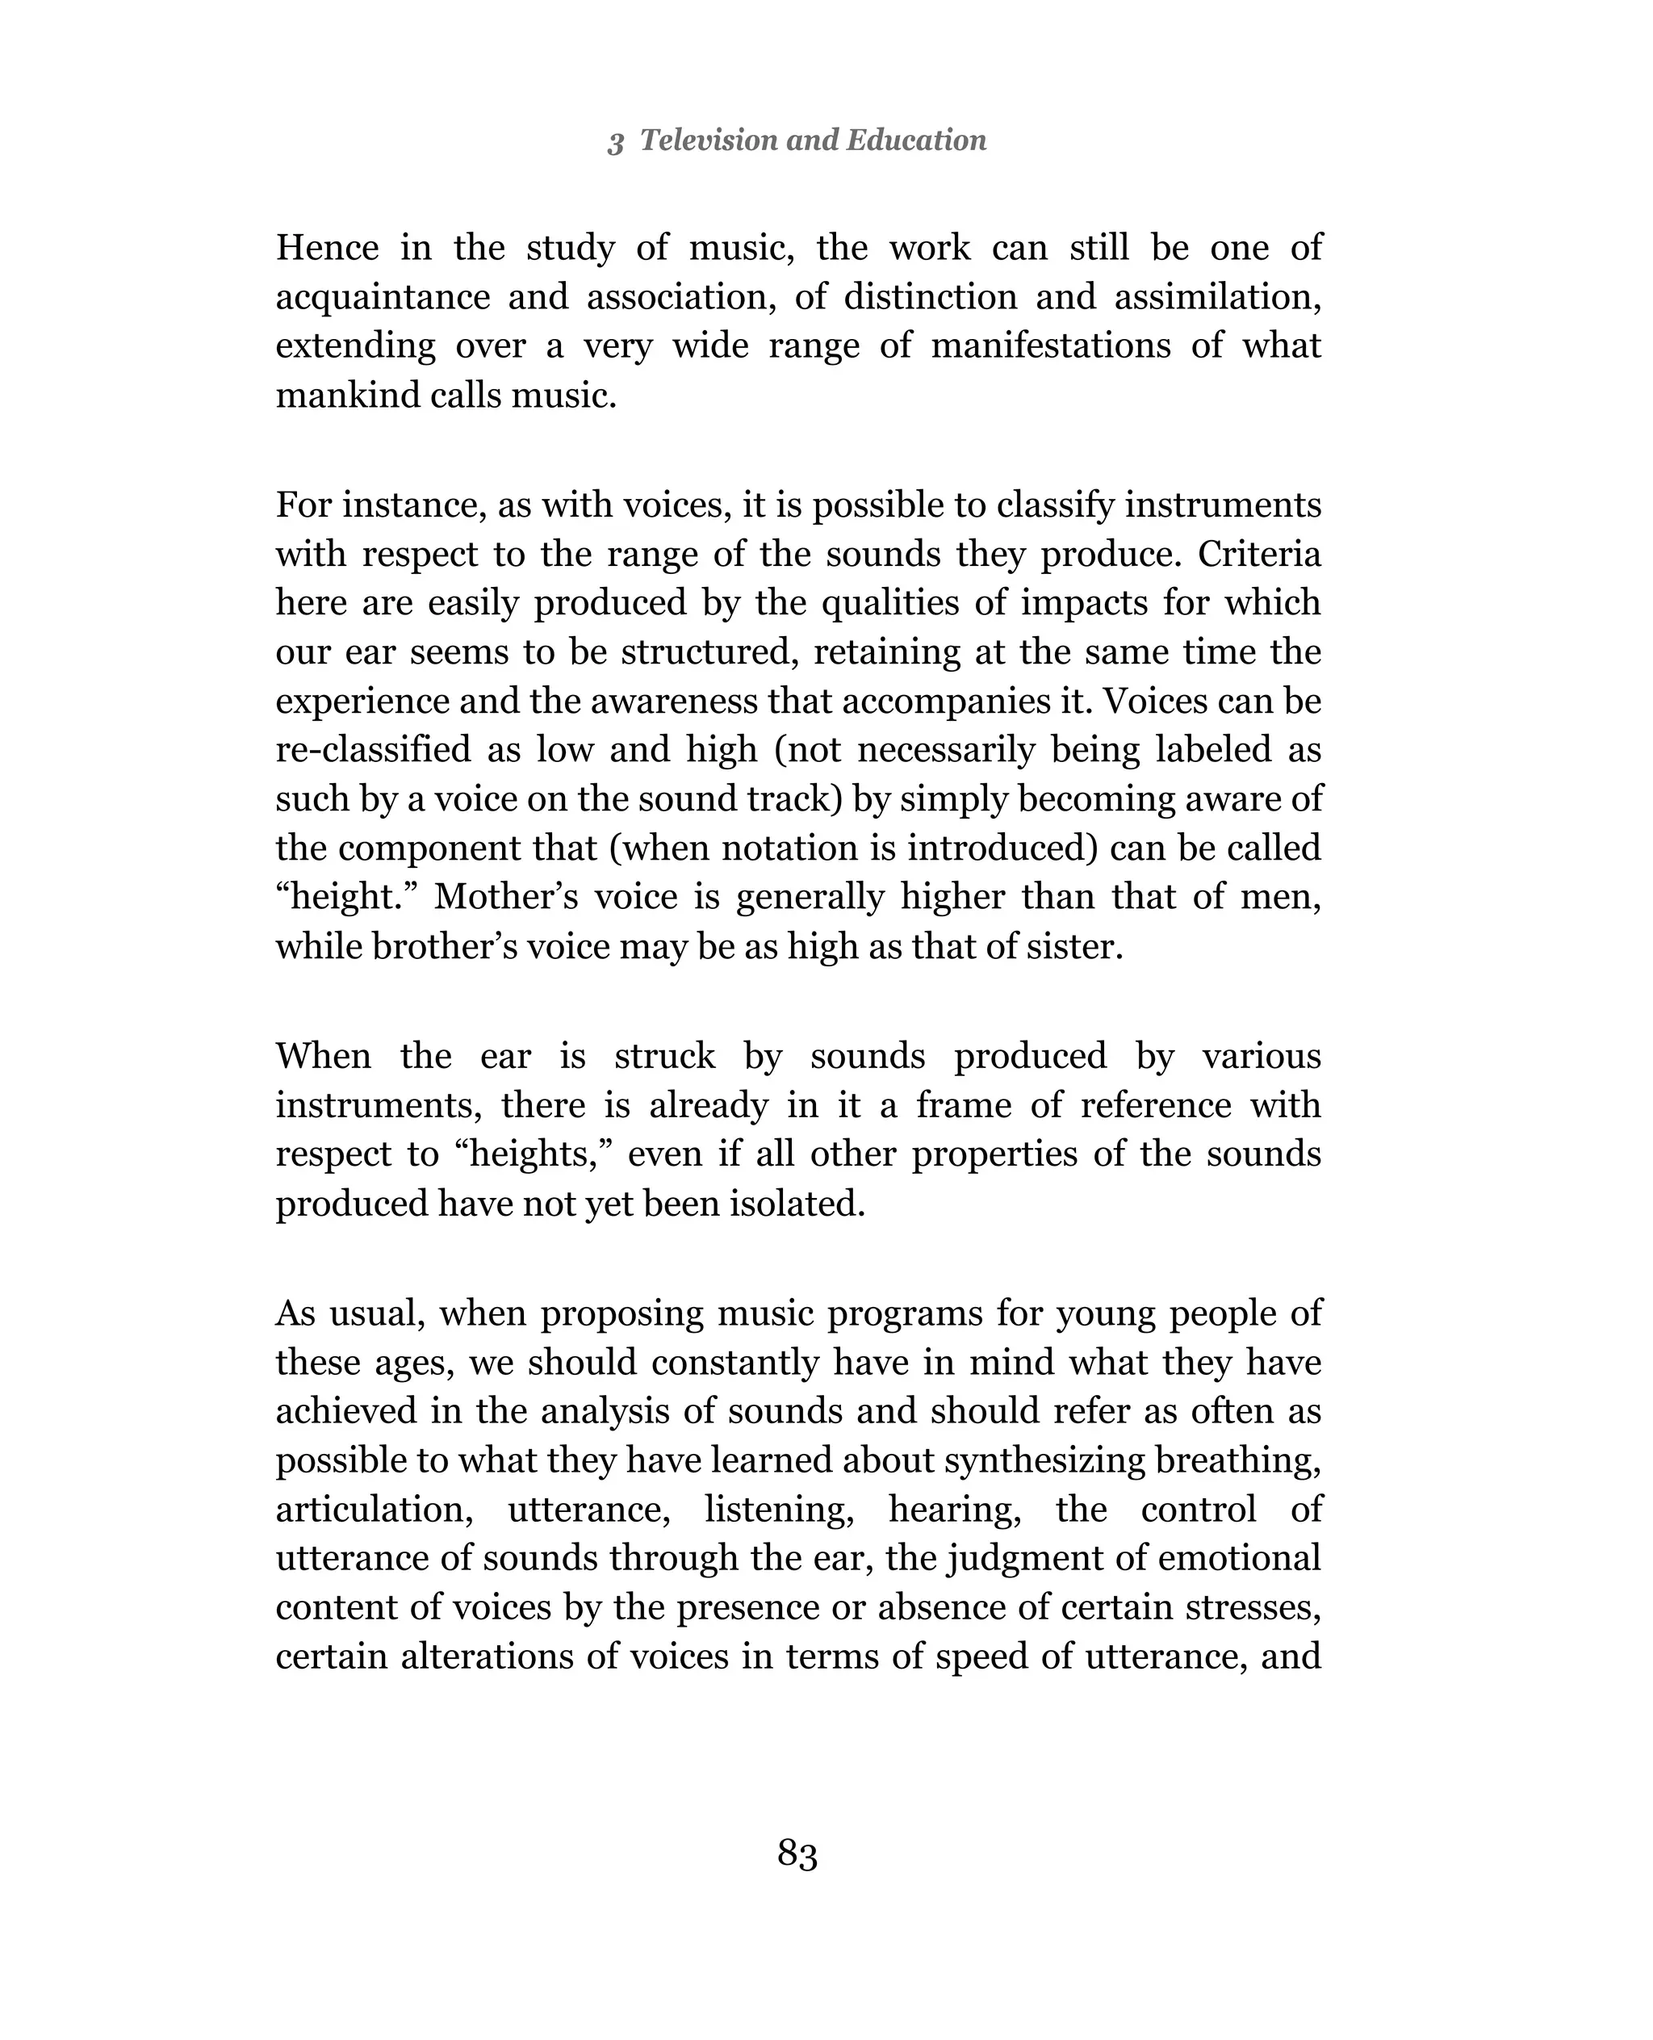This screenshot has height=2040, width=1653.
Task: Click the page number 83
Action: (x=797, y=1854)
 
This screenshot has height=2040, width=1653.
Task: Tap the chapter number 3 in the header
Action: (x=616, y=142)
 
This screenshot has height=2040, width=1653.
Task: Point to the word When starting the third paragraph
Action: (x=323, y=1056)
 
